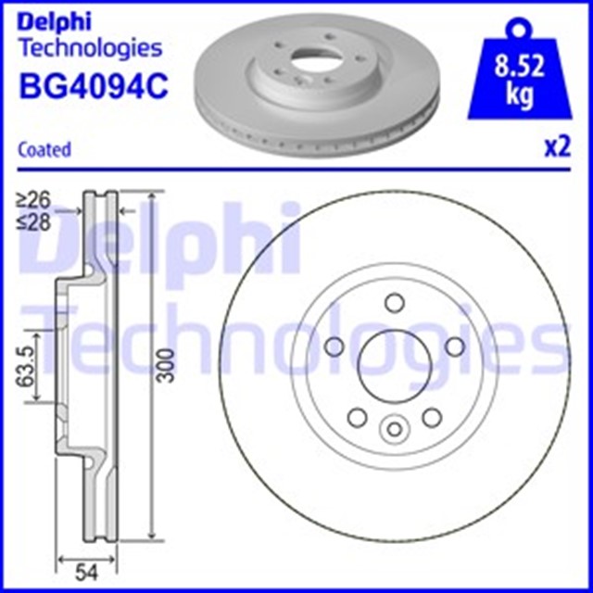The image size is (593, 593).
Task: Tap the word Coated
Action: (x=44, y=149)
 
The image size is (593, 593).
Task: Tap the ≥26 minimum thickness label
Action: (x=35, y=197)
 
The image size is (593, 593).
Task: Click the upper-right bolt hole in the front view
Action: (x=454, y=346)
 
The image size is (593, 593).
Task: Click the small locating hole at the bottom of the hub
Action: (x=393, y=429)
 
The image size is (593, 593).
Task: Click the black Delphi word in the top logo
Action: (x=55, y=19)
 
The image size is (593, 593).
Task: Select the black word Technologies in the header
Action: (x=90, y=48)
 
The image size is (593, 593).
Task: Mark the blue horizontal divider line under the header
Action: (x=296, y=170)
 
